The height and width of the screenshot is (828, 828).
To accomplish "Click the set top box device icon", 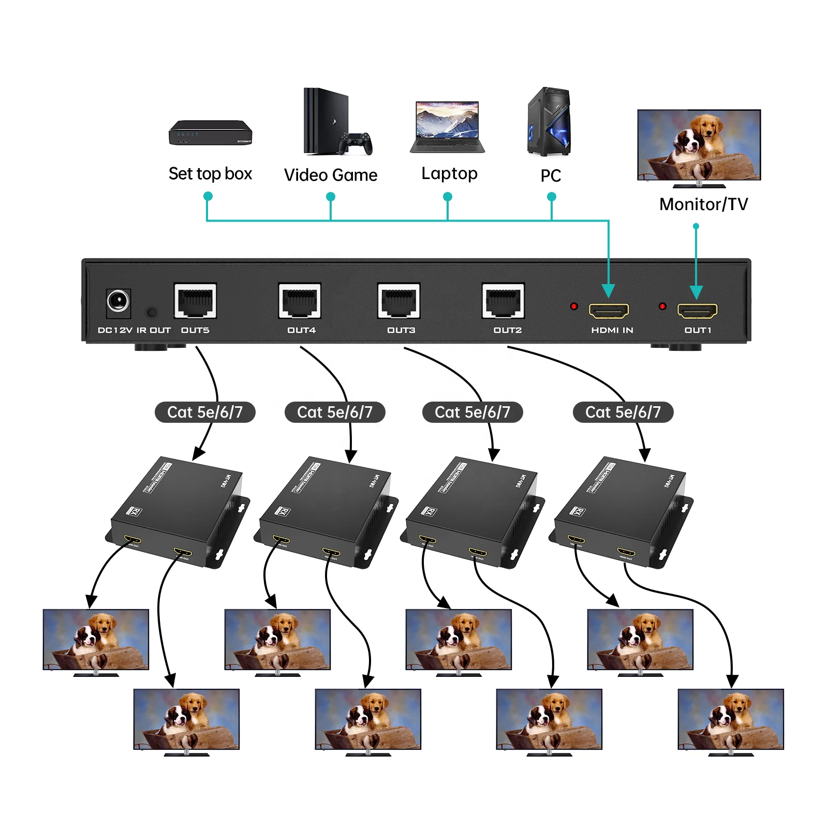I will [x=210, y=132].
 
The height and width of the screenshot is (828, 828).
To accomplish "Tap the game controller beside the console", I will [x=356, y=143].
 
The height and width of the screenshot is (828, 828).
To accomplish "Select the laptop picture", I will [x=447, y=127].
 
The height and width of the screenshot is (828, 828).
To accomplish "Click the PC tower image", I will [x=549, y=122].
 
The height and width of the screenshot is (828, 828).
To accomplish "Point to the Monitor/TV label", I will [x=703, y=204].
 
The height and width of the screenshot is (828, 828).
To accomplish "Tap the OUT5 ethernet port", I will [x=195, y=301].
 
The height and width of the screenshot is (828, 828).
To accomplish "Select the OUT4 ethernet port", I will [x=300, y=301].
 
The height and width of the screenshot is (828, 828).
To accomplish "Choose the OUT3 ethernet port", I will [x=398, y=301].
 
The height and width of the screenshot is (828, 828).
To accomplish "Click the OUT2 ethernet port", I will [x=503, y=301].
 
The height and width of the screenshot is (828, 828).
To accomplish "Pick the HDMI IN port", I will [x=609, y=311].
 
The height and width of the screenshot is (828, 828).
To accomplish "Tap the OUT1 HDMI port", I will [x=698, y=311].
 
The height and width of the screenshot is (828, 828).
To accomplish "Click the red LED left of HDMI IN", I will [x=574, y=306].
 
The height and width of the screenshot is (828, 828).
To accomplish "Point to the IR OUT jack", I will [x=151, y=312].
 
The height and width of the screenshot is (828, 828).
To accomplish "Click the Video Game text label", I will [x=331, y=175].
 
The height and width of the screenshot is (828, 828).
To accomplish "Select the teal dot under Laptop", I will [x=448, y=197].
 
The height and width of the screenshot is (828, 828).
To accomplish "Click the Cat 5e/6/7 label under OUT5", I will [x=205, y=412].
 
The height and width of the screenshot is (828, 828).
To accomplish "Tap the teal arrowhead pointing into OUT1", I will [x=697, y=292].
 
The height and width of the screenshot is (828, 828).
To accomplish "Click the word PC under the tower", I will [x=551, y=176].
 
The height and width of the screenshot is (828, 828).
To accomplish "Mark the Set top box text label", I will [x=210, y=174].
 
